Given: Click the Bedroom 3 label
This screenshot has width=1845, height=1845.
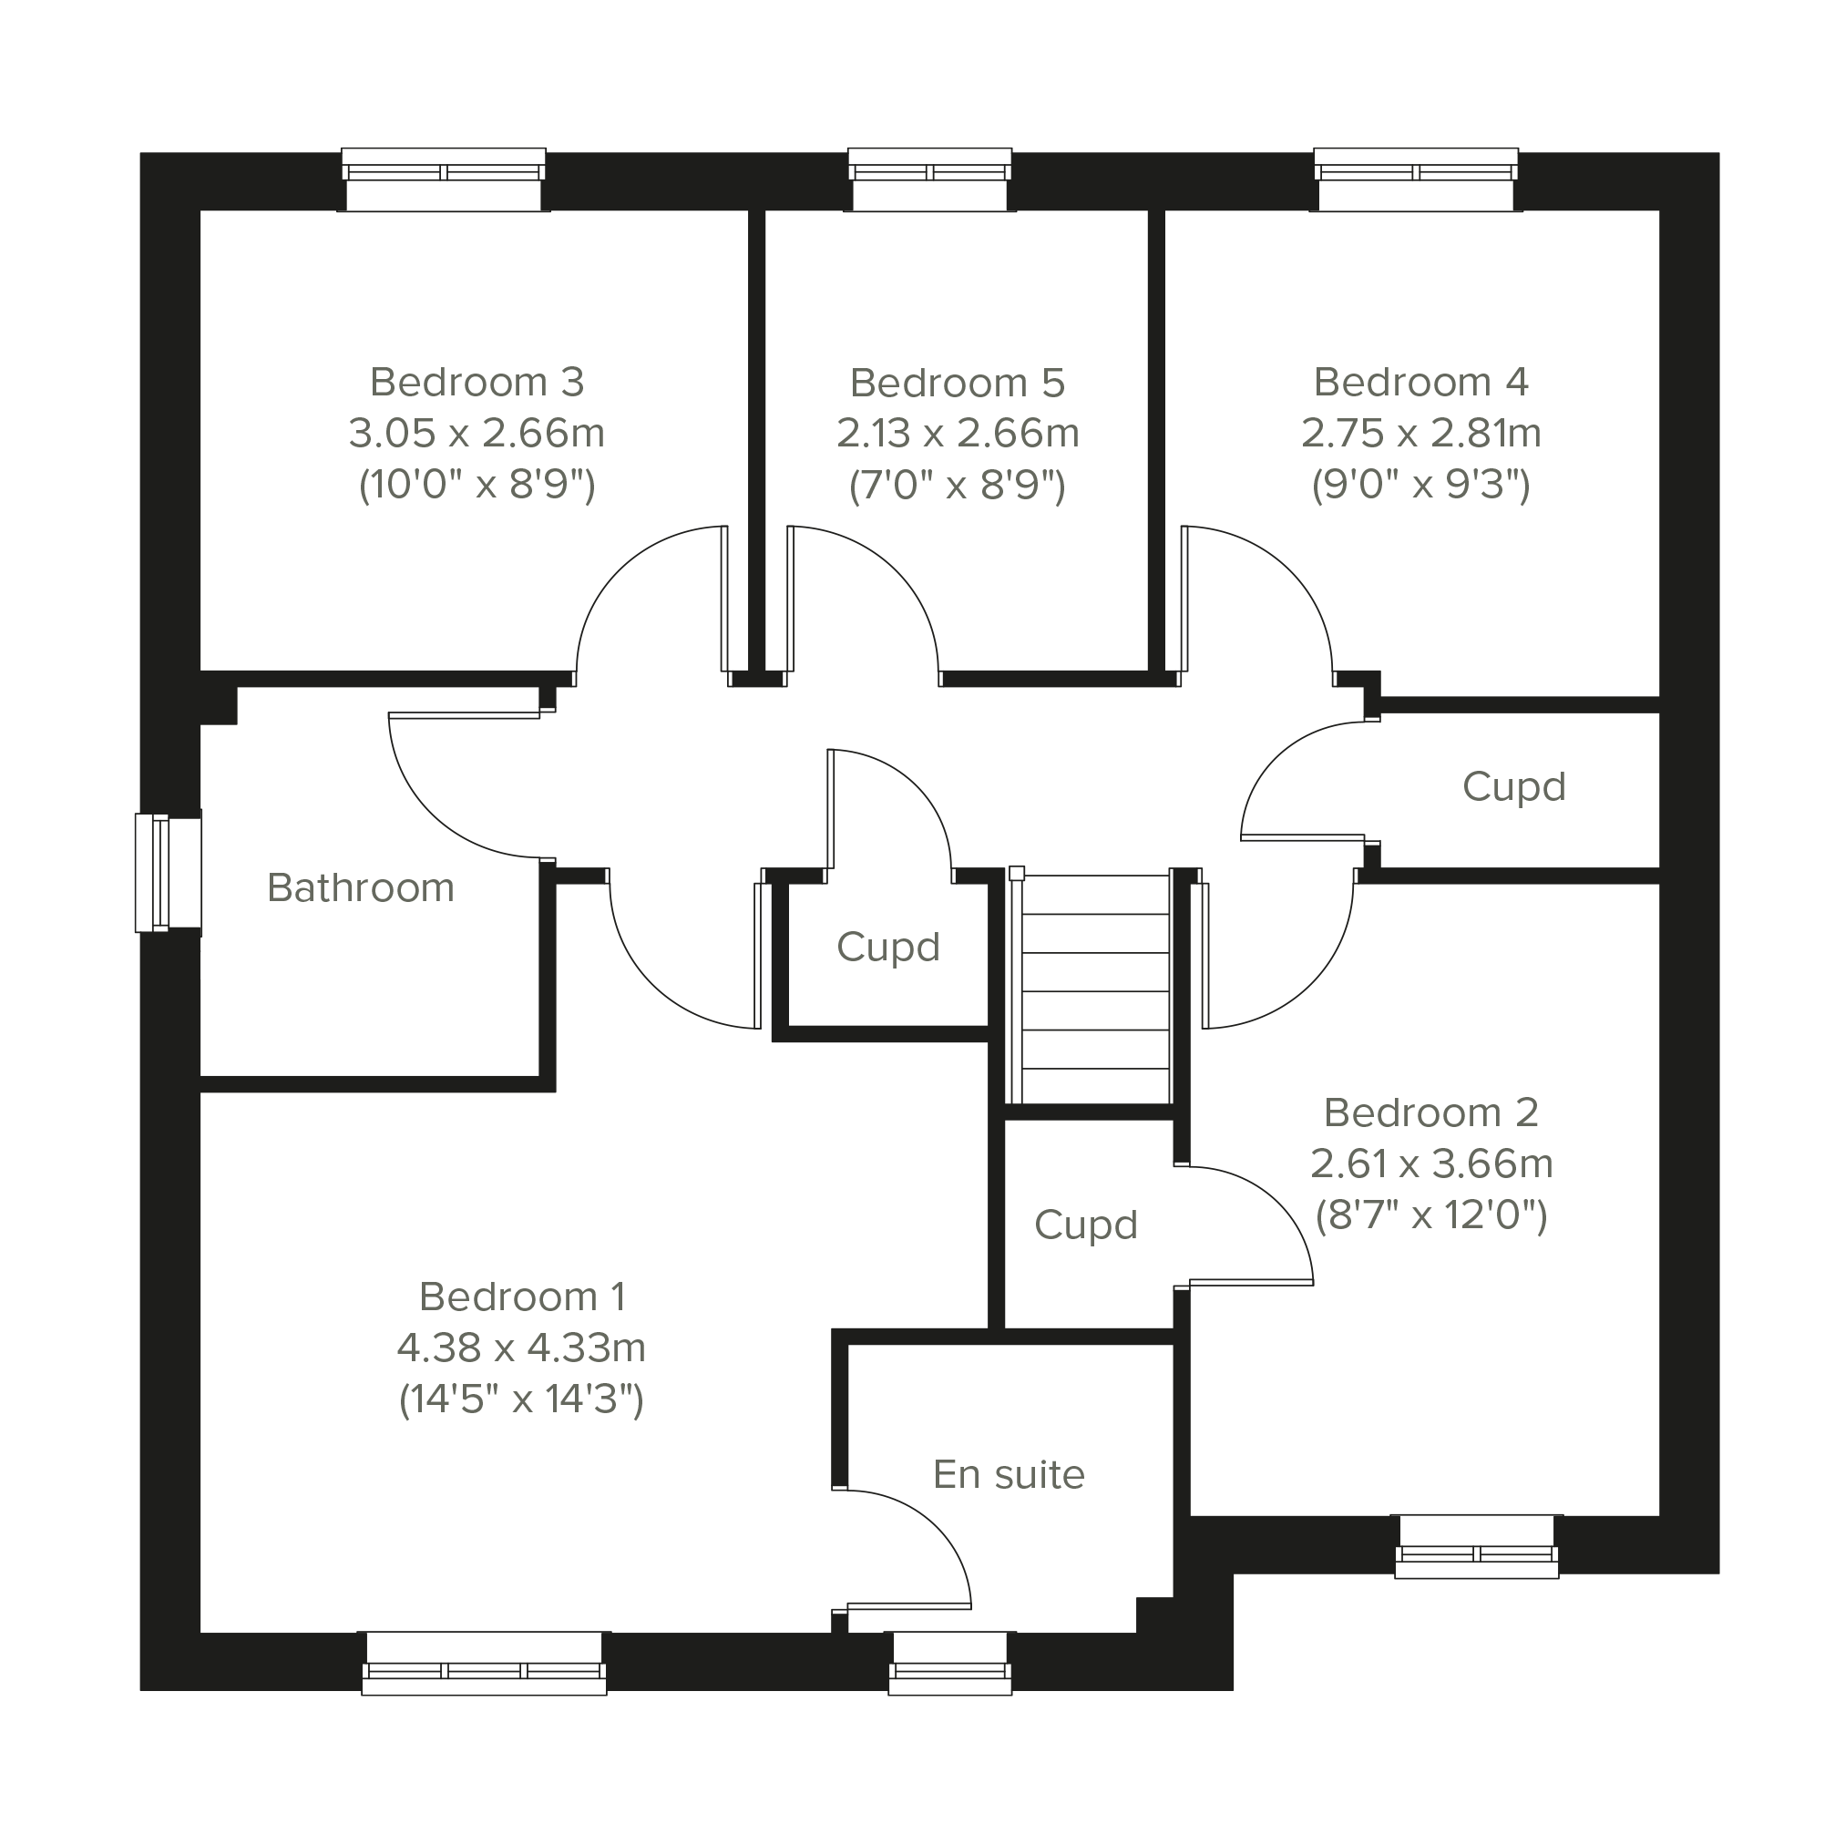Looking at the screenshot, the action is [x=477, y=382].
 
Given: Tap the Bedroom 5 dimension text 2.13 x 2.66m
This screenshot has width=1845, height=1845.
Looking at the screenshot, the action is [x=958, y=434].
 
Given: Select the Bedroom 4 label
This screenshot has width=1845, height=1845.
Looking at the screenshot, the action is [x=1421, y=382].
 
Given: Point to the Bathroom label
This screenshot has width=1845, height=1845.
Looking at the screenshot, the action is [x=360, y=888].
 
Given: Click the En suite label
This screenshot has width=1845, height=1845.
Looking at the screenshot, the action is [x=1009, y=1474].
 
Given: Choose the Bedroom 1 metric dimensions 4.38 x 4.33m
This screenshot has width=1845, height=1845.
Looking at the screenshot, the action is [x=521, y=1348].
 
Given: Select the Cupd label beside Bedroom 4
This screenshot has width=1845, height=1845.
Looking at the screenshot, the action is [x=1513, y=787].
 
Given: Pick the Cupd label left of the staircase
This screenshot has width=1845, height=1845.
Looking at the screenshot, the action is [x=888, y=948].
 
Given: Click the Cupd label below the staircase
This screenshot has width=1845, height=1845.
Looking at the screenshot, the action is [x=1086, y=1225].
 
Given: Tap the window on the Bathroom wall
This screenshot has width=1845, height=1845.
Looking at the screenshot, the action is [x=168, y=872].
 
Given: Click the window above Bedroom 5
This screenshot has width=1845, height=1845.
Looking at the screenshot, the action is [x=929, y=179].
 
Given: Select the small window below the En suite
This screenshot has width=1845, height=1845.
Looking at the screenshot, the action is [x=950, y=1663].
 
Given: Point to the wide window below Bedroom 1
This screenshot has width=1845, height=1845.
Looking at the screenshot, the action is [x=484, y=1663].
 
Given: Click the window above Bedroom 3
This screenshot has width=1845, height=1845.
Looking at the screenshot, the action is [x=443, y=179].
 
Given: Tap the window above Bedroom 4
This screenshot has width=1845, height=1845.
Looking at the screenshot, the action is [x=1415, y=179].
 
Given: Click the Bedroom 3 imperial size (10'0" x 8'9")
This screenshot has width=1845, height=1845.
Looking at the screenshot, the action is [x=477, y=485].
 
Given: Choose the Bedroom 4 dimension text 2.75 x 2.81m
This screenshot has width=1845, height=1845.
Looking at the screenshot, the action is [x=1421, y=434].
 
